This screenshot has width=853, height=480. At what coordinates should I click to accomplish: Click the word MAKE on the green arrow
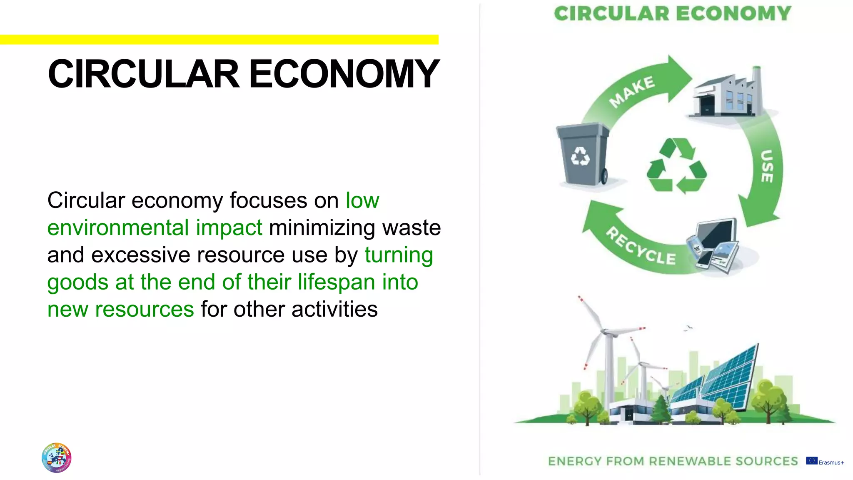click(x=632, y=91)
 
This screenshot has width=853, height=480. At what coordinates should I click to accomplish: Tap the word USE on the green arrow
click(x=767, y=166)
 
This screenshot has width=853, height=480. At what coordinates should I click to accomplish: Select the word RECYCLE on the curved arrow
click(x=641, y=246)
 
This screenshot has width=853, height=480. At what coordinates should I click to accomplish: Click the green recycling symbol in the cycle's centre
click(x=676, y=166)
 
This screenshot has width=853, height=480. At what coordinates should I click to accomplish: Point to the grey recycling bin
click(x=582, y=154)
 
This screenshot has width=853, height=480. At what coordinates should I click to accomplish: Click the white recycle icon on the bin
click(x=580, y=156)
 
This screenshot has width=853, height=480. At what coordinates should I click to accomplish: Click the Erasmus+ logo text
click(x=831, y=462)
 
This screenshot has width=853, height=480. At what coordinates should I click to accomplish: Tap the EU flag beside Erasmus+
click(x=811, y=460)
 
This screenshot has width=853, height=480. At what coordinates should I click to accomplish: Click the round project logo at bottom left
click(x=57, y=457)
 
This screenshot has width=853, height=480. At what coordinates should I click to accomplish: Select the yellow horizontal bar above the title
click(x=219, y=40)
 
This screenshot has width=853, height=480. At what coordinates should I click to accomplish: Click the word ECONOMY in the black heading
click(x=344, y=74)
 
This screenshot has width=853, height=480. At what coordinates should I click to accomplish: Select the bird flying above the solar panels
click(x=688, y=328)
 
